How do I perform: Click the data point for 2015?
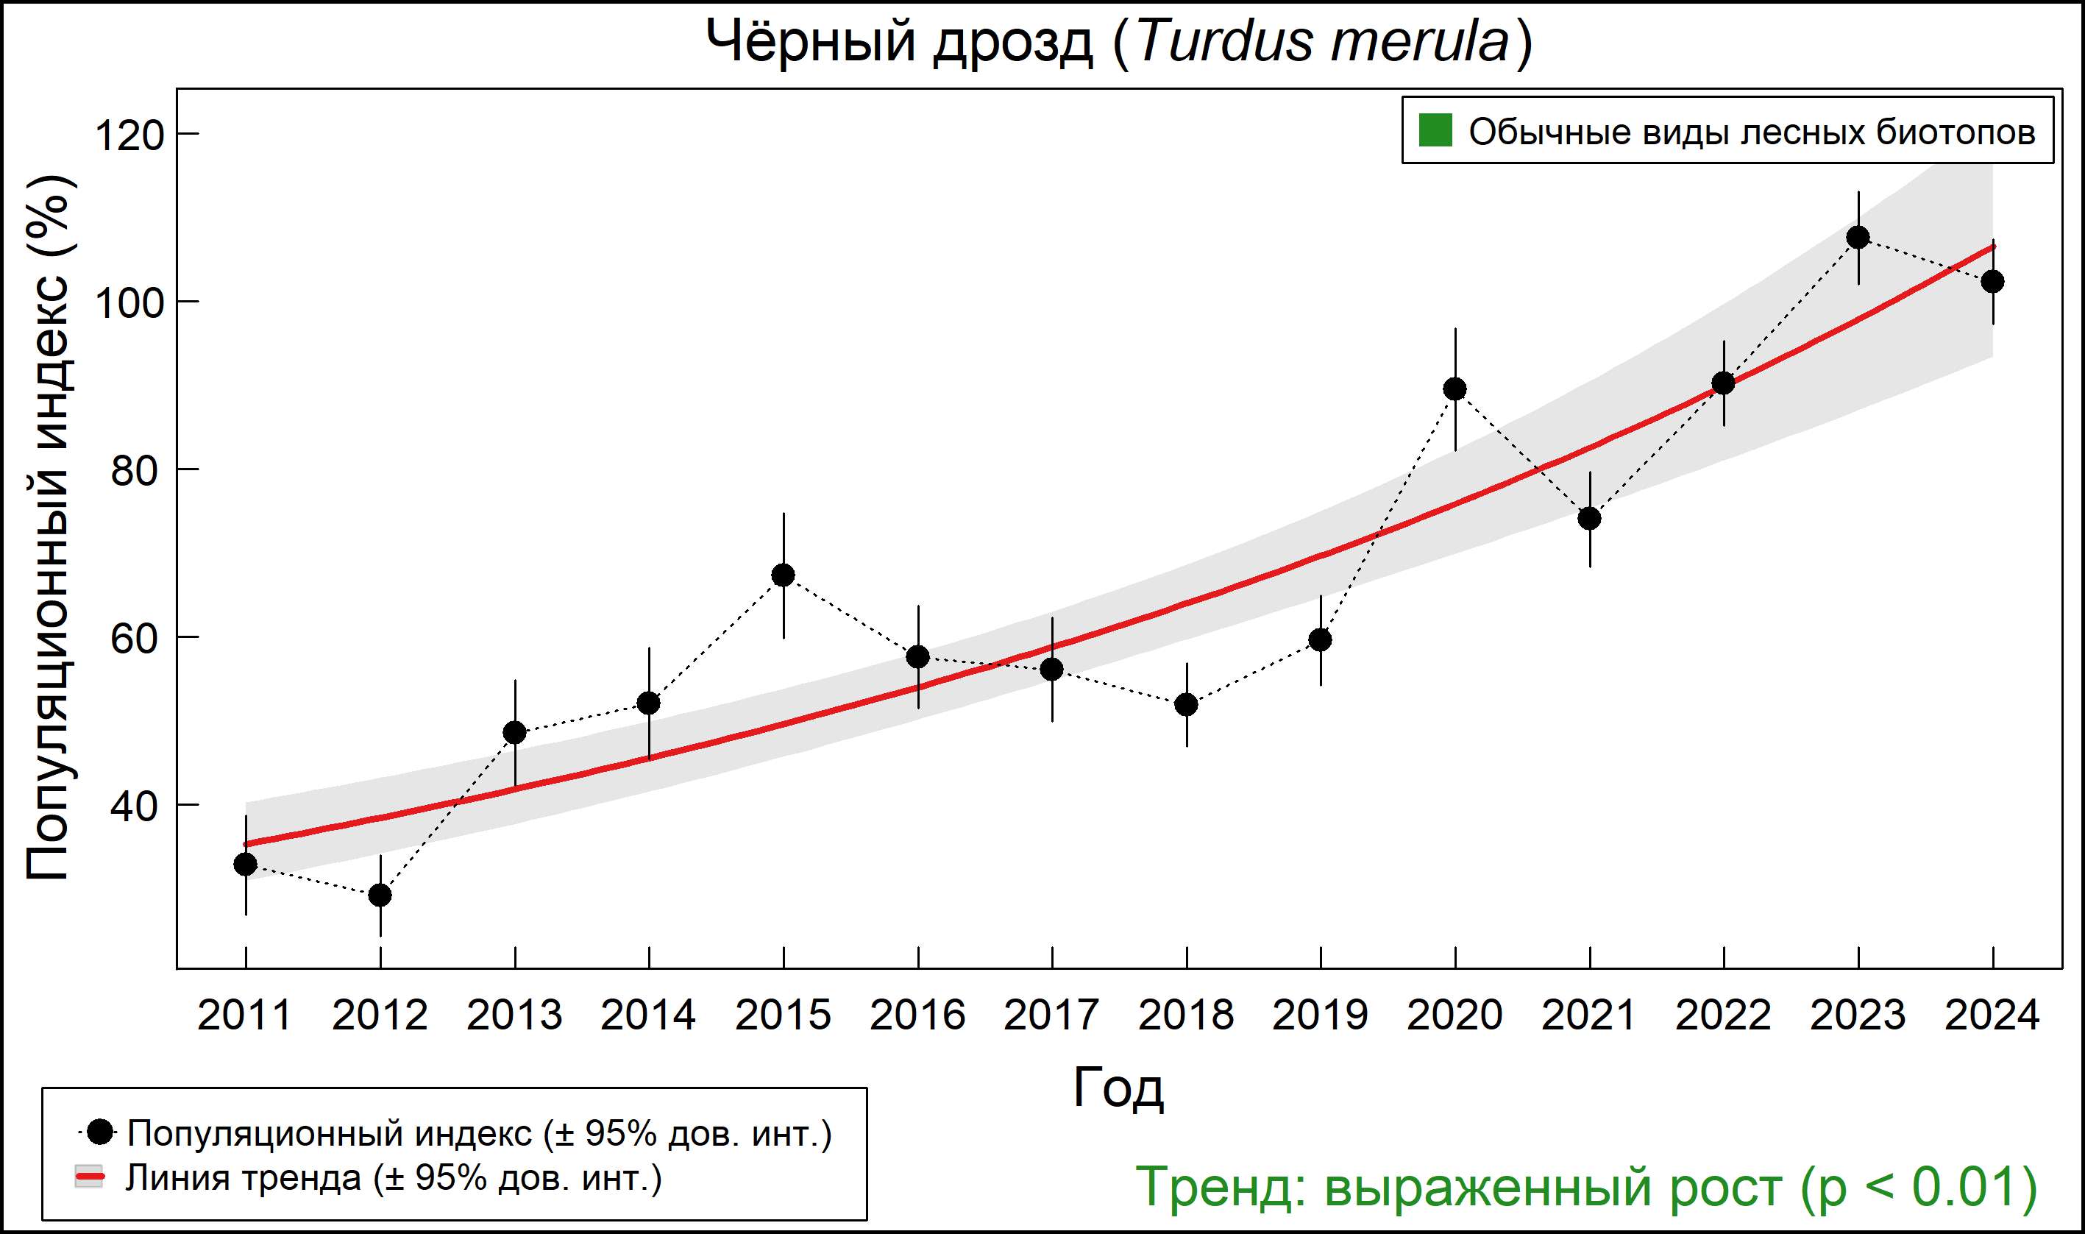coord(783,575)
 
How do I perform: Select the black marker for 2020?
coord(1454,389)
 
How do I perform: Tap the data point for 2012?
coord(380,896)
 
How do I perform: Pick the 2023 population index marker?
coord(1858,238)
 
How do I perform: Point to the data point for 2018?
coord(1186,705)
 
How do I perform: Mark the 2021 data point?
coord(1590,519)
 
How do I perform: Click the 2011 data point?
coord(245,865)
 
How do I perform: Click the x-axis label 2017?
coord(1051,1016)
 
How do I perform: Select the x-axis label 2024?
coord(1992,1016)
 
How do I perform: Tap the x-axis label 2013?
coord(514,1016)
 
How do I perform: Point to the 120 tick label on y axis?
coord(129,135)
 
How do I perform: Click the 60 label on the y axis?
coord(134,639)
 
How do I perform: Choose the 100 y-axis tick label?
coord(129,302)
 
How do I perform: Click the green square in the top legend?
coord(1435,130)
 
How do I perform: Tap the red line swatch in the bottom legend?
coord(89,1177)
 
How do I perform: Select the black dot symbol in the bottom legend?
coord(100,1132)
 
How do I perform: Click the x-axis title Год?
coord(1118,1088)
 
